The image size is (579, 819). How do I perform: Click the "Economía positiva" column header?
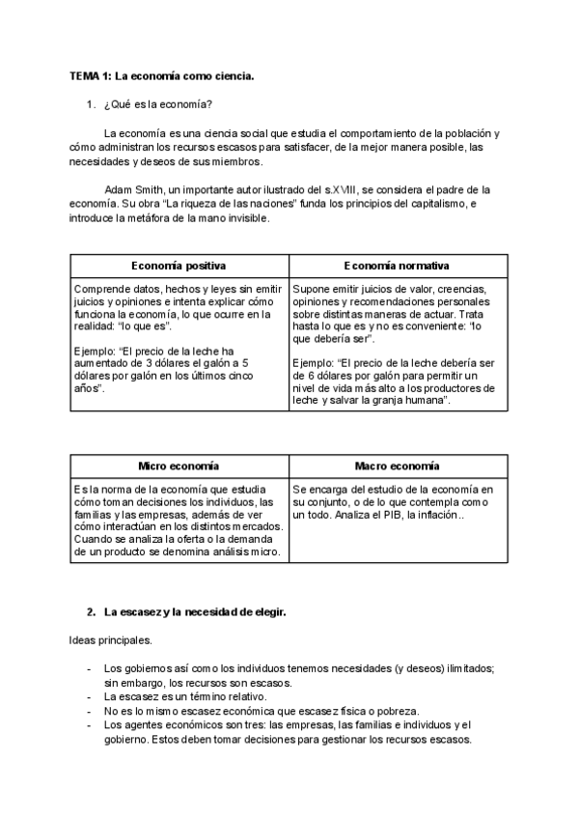point(179,266)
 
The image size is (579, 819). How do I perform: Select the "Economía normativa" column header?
point(396,266)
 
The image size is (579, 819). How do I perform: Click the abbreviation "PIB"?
point(397,516)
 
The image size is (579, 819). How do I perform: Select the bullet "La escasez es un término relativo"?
point(184,696)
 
